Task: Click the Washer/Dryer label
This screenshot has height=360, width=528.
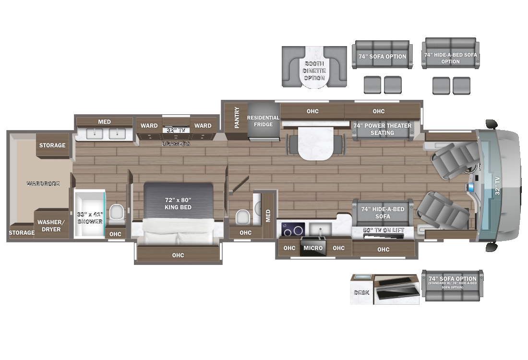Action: tap(50, 226)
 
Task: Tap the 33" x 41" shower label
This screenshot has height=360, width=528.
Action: tap(90, 217)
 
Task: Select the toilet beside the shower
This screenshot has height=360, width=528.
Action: tap(116, 212)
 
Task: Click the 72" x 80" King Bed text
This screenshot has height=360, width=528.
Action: tap(178, 204)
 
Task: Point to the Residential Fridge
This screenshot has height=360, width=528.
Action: tap(263, 121)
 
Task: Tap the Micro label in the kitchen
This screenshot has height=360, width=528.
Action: tap(312, 248)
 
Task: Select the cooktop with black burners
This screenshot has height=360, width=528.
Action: tap(292, 229)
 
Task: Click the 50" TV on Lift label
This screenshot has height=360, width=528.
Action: tap(383, 230)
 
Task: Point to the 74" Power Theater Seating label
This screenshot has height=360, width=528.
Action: tap(382, 129)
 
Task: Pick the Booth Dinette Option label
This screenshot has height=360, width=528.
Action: tap(314, 71)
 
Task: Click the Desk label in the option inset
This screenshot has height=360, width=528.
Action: tap(361, 292)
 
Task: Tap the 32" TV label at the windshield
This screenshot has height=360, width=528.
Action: tap(497, 185)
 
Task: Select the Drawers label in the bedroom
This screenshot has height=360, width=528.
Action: tap(176, 144)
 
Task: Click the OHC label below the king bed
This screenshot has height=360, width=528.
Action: tap(178, 255)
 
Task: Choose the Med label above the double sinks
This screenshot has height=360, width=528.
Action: tap(104, 122)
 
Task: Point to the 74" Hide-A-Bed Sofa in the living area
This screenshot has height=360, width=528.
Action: tap(383, 213)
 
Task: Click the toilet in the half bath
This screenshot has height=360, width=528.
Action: tap(242, 217)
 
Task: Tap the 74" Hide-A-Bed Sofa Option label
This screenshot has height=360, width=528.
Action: tap(450, 58)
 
